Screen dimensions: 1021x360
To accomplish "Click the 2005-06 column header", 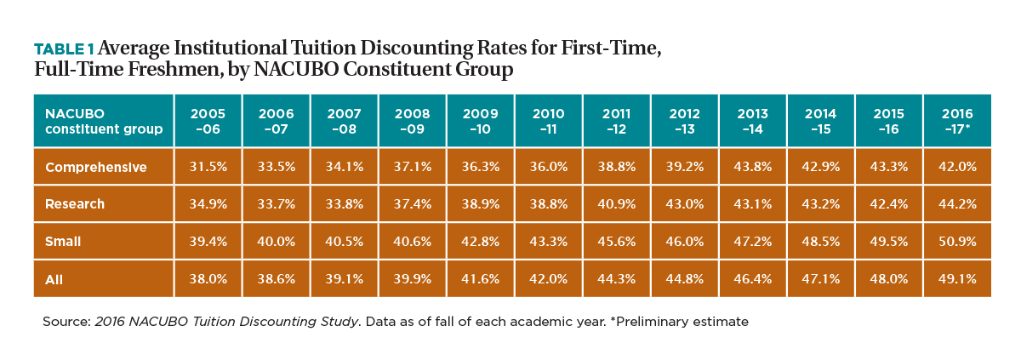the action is [x=208, y=121].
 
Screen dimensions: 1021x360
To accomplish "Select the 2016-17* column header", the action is [x=957, y=121].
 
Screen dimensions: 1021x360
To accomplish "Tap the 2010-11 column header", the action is [x=548, y=121].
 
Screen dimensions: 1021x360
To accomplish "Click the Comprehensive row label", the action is [x=95, y=168].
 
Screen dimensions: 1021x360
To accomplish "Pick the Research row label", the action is [x=75, y=203].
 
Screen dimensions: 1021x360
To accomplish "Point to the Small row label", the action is [x=63, y=241].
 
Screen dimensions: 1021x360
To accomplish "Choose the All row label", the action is [x=54, y=279].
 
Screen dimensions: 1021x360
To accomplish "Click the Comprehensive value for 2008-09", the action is [x=413, y=166].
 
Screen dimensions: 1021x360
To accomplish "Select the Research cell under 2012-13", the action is [x=685, y=203].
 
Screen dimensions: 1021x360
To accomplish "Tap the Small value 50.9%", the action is [x=957, y=241].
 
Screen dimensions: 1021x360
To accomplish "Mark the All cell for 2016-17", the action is [x=957, y=278].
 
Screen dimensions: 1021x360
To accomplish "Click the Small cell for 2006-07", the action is [x=277, y=241].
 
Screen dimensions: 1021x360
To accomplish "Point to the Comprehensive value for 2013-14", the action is [x=752, y=166].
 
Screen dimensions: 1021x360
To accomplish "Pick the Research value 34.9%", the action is [x=208, y=203].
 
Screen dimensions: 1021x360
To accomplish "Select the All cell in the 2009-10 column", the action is [x=481, y=278].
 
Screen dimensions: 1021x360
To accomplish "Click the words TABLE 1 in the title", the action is [x=65, y=49].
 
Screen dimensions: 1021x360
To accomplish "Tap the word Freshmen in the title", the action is [x=174, y=69].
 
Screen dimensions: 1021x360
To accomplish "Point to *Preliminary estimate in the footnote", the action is [x=679, y=322].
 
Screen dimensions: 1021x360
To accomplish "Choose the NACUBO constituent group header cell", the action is [x=104, y=121].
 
